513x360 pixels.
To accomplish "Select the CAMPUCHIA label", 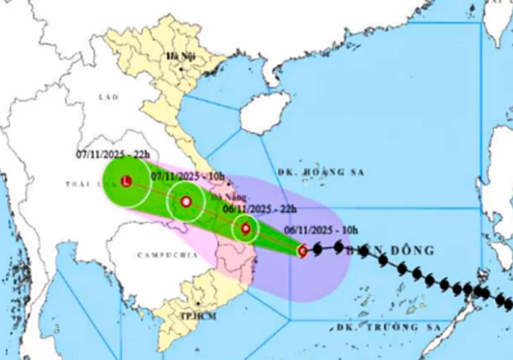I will [x=167, y=255].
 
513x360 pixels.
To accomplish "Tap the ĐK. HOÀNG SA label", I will [x=311, y=172].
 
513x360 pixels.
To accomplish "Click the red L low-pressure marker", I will [x=126, y=180].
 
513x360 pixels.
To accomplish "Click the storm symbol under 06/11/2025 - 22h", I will [x=246, y=229].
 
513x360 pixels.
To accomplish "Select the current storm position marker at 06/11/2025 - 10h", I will [x=302, y=251].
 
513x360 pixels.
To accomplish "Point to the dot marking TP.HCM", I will [x=198, y=303].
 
